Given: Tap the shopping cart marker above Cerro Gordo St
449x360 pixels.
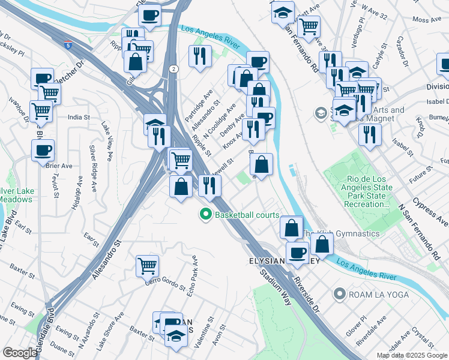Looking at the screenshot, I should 147,265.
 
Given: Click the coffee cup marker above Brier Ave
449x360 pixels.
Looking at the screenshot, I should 43,150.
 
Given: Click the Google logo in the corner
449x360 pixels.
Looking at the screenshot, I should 20,353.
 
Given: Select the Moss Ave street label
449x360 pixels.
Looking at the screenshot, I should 428,20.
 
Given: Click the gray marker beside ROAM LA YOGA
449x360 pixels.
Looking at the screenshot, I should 340,294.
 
